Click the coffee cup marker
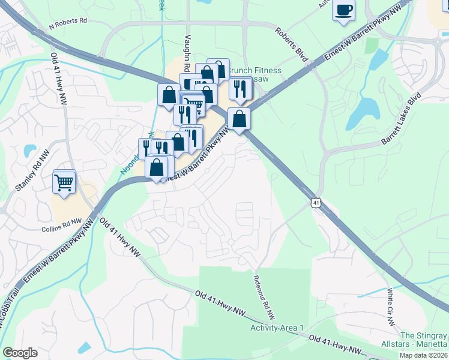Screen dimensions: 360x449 343,11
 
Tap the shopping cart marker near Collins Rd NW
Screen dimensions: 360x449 64,181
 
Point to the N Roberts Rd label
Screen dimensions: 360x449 68,20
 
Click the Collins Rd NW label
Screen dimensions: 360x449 61,226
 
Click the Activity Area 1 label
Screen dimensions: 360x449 277,328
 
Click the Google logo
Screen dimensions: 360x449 20,353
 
